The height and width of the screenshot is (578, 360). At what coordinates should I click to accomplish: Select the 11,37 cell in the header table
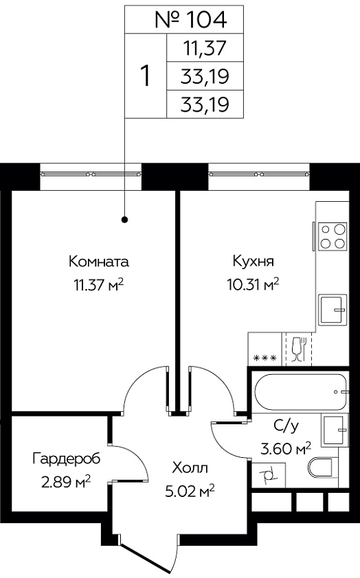pyautogui.click(x=205, y=48)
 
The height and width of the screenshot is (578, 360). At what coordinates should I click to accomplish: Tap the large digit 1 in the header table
pyautogui.click(x=146, y=76)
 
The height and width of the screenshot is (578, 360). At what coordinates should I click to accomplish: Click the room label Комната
pyautogui.click(x=99, y=262)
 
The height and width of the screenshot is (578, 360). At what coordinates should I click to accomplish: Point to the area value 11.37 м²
pyautogui.click(x=98, y=285)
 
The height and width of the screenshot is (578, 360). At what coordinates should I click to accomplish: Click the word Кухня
pyautogui.click(x=254, y=262)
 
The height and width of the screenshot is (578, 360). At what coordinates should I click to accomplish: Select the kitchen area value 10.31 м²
pyautogui.click(x=253, y=285)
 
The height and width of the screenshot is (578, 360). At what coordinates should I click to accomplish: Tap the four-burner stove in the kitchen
pyautogui.click(x=333, y=236)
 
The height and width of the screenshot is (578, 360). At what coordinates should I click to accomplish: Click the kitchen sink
pyautogui.click(x=333, y=310)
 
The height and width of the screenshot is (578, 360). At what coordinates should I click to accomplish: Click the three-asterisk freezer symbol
pyautogui.click(x=265, y=358)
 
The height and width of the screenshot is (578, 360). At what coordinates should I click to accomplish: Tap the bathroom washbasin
pyautogui.click(x=335, y=430)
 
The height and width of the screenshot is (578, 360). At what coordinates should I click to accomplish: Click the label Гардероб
pyautogui.click(x=67, y=459)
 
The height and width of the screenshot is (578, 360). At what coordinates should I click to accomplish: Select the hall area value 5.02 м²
pyautogui.click(x=190, y=492)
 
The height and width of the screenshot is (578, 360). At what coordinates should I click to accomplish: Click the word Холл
pyautogui.click(x=190, y=468)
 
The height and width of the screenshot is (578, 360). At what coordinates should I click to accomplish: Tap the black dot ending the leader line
pyautogui.click(x=125, y=220)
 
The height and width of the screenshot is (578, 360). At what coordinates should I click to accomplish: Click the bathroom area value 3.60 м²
pyautogui.click(x=286, y=449)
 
